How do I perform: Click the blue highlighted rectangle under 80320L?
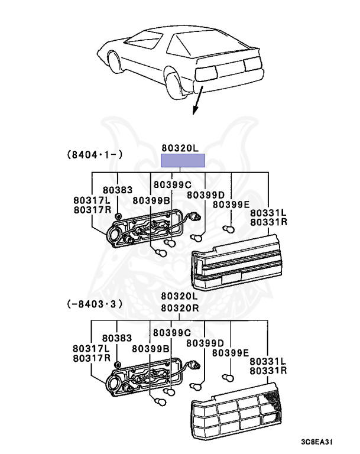[x=183, y=160]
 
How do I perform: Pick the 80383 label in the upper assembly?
[x=118, y=190]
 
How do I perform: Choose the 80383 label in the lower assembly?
[x=118, y=338]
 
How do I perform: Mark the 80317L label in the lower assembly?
[x=92, y=349]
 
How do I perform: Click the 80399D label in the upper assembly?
[x=205, y=195]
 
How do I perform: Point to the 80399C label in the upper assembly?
[x=172, y=184]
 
